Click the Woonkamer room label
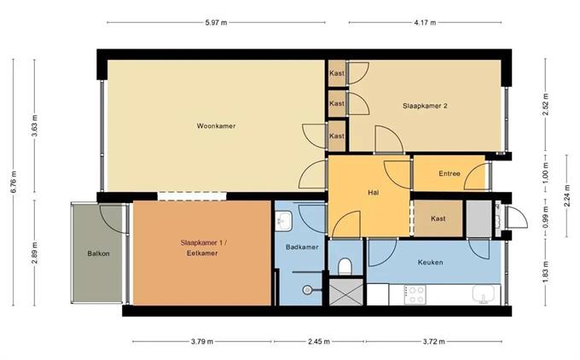pos(216,125)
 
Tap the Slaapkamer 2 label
pos(425,106)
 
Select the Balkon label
pos(98,253)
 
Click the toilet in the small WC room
pos(345,266)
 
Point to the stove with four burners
pos(415,294)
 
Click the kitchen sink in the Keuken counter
pos(484,294)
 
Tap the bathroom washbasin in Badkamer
pos(284,221)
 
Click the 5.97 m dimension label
pos(216,22)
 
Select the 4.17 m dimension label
pos(425,22)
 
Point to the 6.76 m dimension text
pos(14,182)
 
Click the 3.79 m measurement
pos(202,341)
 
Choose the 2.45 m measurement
pos(319,341)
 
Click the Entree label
pos(449,173)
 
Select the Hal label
pos(374,193)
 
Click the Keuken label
pos(430,263)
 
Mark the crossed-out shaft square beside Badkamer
pos(345,292)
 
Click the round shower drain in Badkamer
pos(307,290)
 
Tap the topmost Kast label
pos(337,73)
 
